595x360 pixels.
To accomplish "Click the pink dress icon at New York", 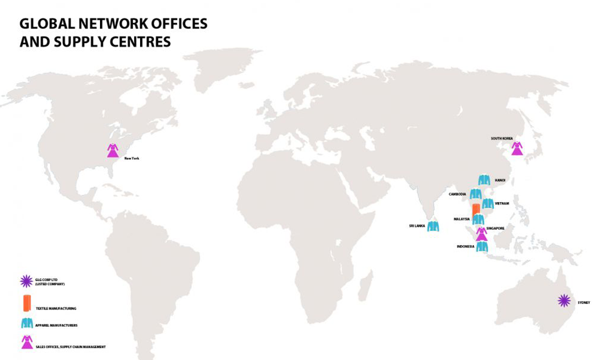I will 112,150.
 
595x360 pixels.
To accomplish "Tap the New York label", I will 131,158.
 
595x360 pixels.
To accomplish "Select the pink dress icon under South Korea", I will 517,148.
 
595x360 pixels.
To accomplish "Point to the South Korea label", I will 502,138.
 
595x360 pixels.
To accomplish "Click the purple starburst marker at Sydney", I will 563,300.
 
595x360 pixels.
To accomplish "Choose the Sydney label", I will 583,303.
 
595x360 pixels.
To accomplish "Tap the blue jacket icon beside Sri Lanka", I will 433,226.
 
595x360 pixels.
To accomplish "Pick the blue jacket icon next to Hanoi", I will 484,180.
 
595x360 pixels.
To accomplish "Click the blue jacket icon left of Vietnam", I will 488,203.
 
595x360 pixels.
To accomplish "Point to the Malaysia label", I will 461,219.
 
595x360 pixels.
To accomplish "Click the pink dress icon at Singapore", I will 481,234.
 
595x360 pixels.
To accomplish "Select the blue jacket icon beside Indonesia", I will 482,246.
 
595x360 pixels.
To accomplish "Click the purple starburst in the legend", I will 26,282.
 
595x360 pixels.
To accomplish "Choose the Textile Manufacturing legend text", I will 56,308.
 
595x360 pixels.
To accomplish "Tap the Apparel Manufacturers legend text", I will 56,325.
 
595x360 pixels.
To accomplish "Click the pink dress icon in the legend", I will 27,343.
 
